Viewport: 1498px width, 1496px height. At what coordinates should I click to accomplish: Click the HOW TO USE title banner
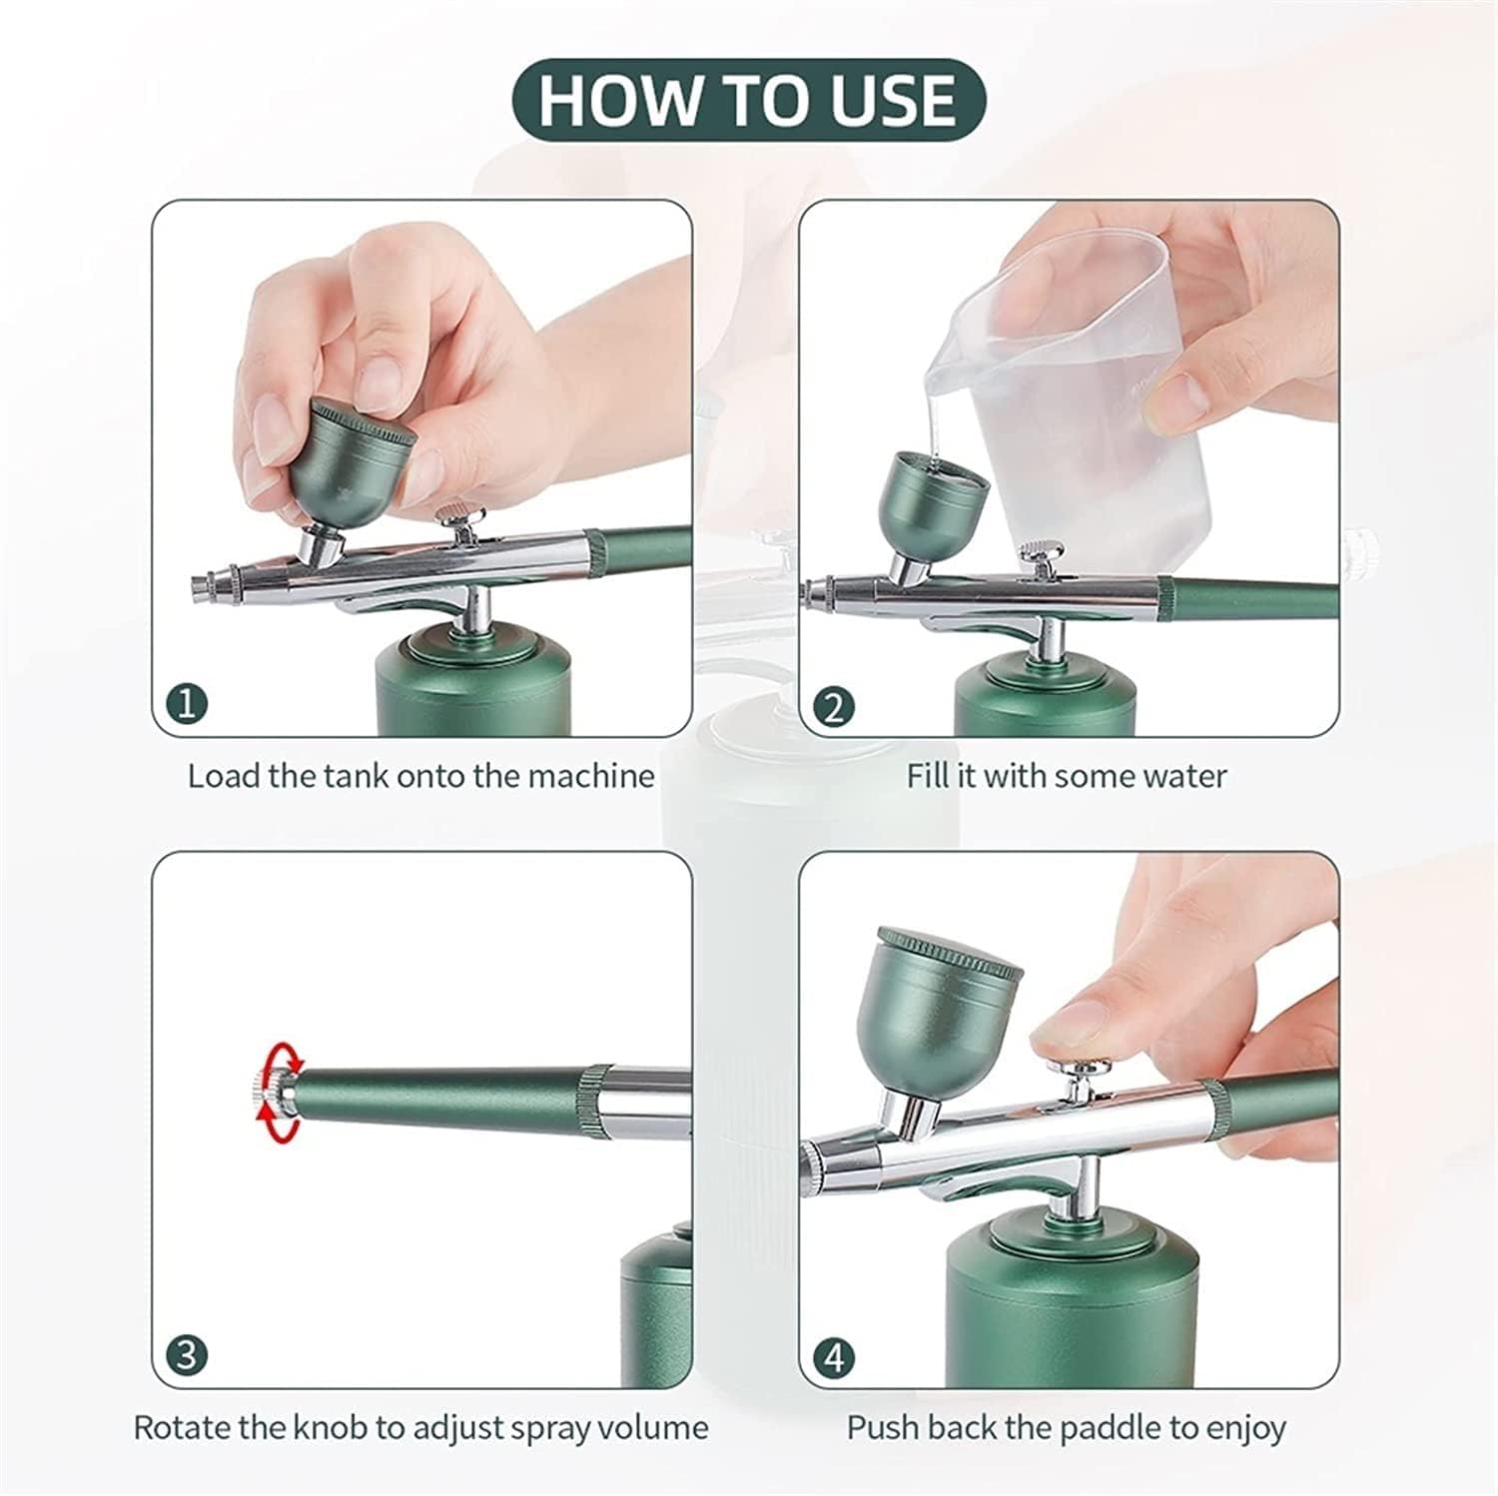[749, 99]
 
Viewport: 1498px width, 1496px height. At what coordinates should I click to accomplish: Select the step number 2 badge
[835, 706]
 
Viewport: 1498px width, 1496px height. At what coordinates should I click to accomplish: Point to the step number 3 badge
[188, 1356]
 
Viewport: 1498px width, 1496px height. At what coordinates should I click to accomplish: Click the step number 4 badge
[835, 1357]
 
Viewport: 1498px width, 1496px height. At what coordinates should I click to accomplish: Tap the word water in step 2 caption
[1182, 776]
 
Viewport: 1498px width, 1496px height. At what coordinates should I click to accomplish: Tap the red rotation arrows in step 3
[276, 1092]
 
